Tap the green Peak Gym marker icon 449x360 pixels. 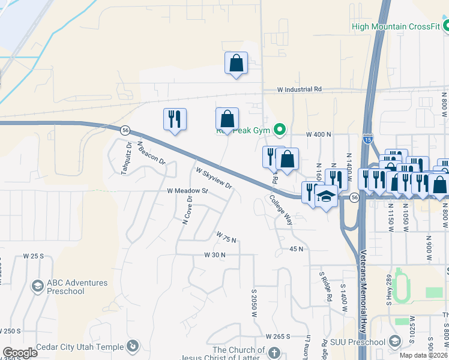click(x=279, y=129)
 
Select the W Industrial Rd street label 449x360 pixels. click(x=300, y=89)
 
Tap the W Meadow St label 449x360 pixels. click(x=187, y=191)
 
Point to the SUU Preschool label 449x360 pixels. click(x=357, y=342)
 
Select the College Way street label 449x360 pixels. click(x=280, y=209)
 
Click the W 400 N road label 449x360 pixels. click(x=319, y=135)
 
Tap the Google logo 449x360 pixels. click(x=20, y=353)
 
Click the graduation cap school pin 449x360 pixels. click(x=326, y=197)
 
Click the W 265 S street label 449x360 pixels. click(x=278, y=336)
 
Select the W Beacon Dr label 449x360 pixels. click(x=151, y=152)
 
